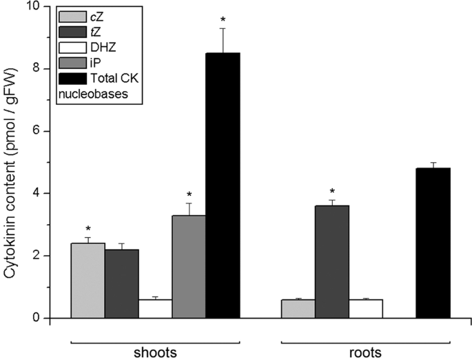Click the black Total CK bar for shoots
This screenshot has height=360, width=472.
(223, 186)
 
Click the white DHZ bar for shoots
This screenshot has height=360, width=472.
(155, 308)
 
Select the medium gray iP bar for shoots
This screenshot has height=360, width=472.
(189, 266)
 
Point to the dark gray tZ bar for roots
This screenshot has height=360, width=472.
(332, 261)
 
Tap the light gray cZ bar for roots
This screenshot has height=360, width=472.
(298, 308)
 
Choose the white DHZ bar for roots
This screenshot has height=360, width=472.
(366, 308)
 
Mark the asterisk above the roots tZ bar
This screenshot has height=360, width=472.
(332, 192)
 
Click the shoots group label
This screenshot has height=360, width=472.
(155, 352)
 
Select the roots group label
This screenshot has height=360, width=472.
(366, 352)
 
